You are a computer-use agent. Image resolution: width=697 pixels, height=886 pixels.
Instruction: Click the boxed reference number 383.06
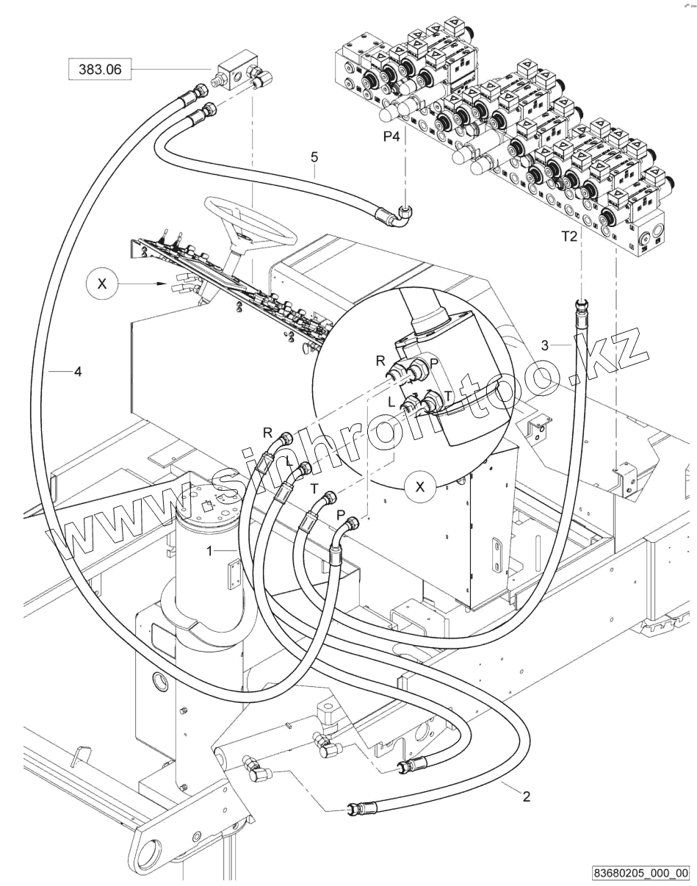(100, 69)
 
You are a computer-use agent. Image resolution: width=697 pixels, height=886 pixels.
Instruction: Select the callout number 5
(314, 157)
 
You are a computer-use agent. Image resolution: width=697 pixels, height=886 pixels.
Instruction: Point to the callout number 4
(78, 372)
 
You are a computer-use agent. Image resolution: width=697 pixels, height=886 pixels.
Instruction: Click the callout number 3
(545, 345)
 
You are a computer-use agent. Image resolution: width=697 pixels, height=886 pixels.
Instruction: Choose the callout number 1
(209, 550)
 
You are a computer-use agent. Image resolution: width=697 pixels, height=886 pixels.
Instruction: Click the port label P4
(391, 136)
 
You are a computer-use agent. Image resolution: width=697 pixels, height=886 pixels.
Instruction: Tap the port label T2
(570, 237)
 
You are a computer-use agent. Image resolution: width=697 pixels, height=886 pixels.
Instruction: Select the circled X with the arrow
(102, 284)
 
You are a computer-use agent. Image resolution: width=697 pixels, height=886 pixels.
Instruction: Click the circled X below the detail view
(419, 487)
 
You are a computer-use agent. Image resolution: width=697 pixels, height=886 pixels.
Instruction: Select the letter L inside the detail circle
(391, 401)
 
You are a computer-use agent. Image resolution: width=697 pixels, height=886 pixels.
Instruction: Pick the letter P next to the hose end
(340, 515)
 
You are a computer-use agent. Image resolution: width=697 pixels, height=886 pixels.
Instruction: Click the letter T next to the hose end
(314, 489)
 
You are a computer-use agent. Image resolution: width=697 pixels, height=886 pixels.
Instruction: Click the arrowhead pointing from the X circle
(162, 284)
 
